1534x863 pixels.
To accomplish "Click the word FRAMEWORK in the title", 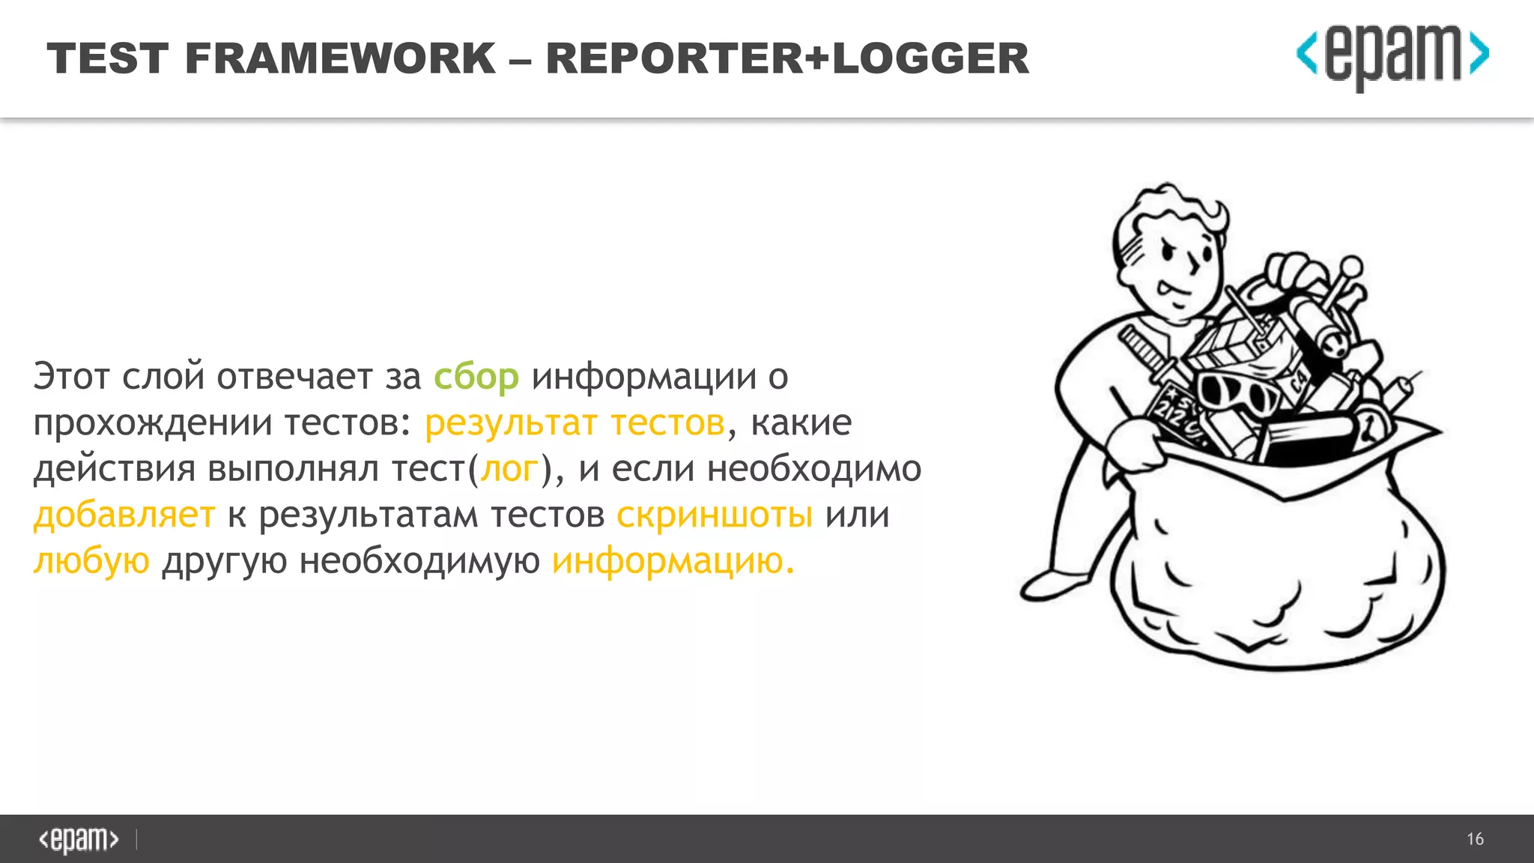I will point(340,58).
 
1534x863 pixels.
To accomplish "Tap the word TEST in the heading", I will point(108,58).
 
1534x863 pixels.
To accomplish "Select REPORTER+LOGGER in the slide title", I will point(787,58).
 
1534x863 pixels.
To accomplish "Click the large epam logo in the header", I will point(1392,56).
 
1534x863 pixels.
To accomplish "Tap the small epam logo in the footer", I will point(79,839).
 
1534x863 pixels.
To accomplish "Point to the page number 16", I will point(1475,839).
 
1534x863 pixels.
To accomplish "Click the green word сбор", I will point(476,377).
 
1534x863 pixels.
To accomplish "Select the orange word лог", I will point(509,469).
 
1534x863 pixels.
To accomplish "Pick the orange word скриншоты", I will point(715,515).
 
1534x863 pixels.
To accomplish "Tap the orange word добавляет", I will point(124,515).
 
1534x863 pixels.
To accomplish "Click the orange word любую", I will point(91,561).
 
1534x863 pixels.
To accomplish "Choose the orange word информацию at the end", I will point(673,561).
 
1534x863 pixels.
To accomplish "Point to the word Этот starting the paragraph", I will point(72,377).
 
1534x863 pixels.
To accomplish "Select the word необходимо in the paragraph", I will point(814,469).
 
